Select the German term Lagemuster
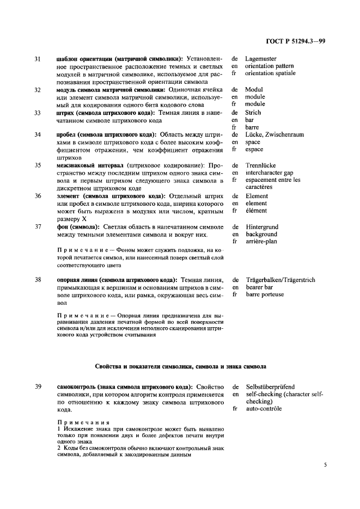tap(260, 58)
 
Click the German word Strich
tap(253, 112)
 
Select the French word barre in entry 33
tap(252, 127)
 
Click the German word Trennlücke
tap(260, 165)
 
